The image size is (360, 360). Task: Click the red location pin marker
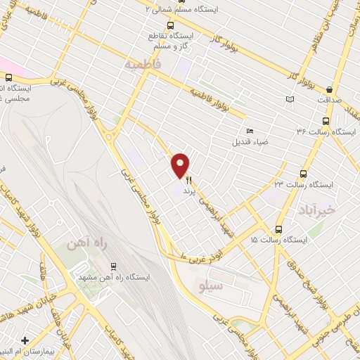pos(181,165)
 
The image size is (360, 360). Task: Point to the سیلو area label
pos(211,286)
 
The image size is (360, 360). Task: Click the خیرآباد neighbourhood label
pos(333,210)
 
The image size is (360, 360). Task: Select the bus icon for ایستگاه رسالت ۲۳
pos(304,174)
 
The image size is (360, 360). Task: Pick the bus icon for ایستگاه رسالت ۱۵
pos(279,229)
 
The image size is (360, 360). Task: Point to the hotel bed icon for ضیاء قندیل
pos(250,130)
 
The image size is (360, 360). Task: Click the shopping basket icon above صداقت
pos(330,89)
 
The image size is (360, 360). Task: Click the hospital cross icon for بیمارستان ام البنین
pos(25,340)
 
